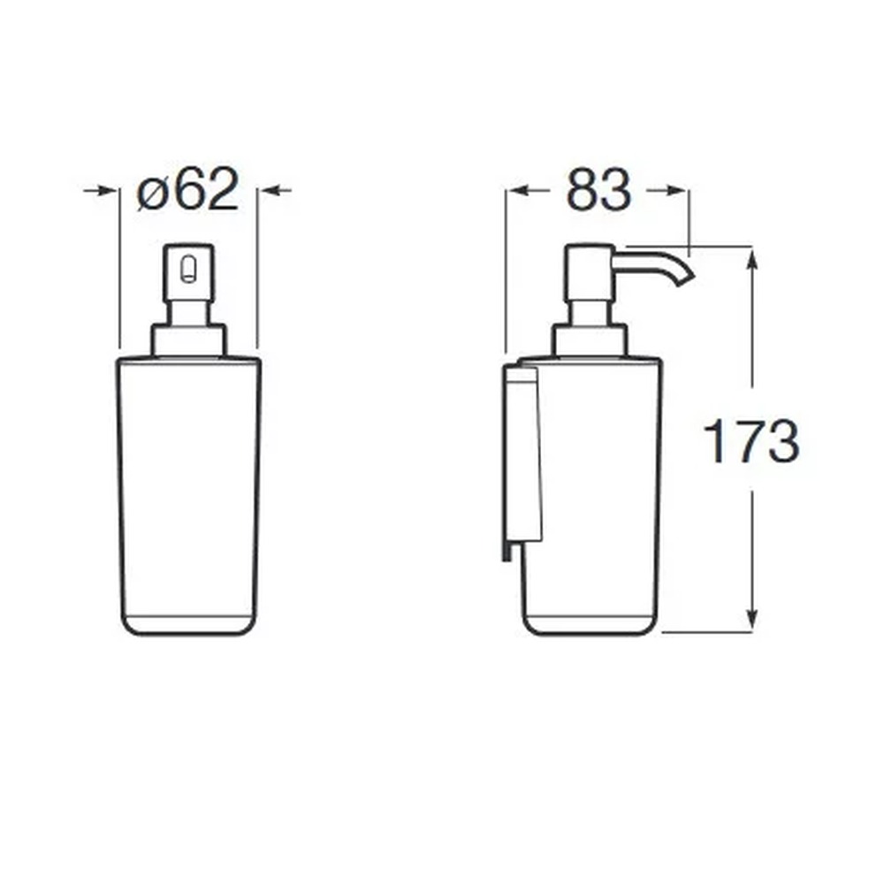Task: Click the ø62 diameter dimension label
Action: point(187,189)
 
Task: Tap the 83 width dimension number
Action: point(598,191)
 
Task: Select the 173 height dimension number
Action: point(751,441)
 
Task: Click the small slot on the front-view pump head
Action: point(189,270)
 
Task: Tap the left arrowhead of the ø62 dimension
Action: point(109,191)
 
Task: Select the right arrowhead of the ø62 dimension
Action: point(269,191)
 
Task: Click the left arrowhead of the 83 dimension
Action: point(517,191)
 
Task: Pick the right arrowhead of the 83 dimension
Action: point(676,191)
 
